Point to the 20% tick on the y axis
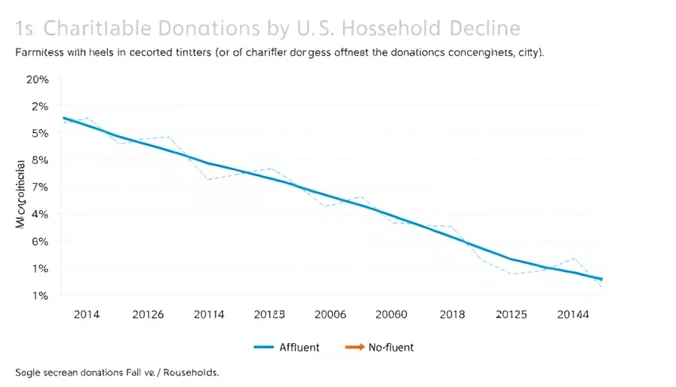(38, 79)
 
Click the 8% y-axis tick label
(40, 160)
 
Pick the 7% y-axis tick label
(40, 187)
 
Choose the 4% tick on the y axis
(40, 214)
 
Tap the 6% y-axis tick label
(40, 241)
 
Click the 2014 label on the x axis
(87, 314)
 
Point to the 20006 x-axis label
(329, 314)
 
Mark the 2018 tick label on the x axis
(453, 314)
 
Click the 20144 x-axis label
(574, 314)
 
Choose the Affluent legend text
(300, 348)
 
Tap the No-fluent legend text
(391, 348)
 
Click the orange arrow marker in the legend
(354, 348)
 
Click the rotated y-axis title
(21, 193)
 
